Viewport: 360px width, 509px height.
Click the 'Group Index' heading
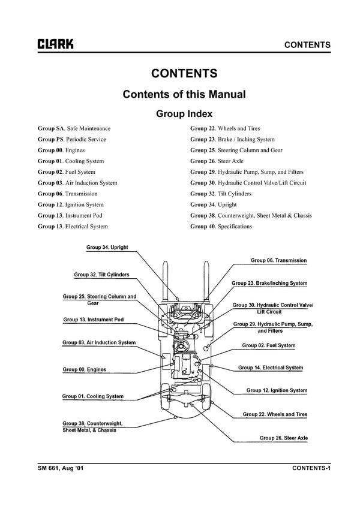[184, 113]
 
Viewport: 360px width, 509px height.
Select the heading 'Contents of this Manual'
[184, 94]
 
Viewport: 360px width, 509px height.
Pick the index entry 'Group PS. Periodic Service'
[71, 139]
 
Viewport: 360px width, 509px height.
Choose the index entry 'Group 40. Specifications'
[221, 227]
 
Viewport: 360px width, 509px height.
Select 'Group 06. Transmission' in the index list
[67, 194]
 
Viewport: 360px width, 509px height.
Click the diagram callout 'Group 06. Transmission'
[278, 261]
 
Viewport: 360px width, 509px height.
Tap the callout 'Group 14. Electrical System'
[270, 368]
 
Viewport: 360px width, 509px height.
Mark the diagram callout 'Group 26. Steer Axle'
[283, 438]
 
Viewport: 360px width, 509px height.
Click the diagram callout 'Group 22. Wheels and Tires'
[275, 414]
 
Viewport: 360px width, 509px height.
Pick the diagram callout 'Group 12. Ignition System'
[277, 391]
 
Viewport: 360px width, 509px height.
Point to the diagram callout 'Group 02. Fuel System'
[268, 345]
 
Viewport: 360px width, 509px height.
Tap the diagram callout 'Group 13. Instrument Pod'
[93, 320]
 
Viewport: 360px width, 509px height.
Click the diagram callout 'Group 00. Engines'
[84, 369]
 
